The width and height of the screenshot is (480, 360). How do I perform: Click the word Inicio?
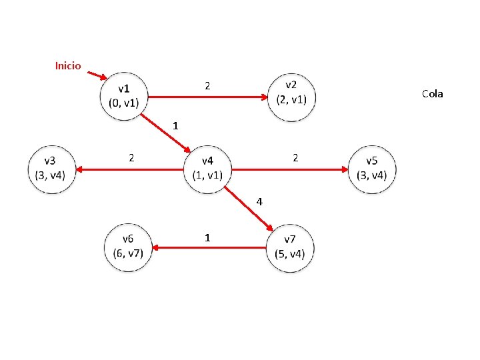click(68, 65)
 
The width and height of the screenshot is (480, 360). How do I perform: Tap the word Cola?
click(432, 94)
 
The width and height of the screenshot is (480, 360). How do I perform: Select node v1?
click(124, 95)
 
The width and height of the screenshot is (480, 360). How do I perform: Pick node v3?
click(50, 169)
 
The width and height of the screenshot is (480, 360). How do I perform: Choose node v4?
click(207, 169)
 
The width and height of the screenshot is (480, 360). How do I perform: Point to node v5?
click(371, 169)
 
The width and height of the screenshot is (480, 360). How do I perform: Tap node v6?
click(128, 247)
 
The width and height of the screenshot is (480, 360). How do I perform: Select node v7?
click(289, 247)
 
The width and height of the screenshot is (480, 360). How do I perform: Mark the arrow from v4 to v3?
click(130, 170)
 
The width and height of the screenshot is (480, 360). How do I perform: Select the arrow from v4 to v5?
click(290, 170)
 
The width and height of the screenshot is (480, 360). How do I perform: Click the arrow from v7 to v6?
click(208, 248)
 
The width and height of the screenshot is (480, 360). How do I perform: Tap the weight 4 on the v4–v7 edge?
click(260, 201)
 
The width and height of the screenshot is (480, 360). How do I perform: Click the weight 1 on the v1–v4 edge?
click(175, 125)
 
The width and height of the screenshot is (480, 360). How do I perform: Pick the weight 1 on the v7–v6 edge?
click(208, 237)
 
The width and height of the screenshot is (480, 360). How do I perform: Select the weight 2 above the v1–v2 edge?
click(207, 86)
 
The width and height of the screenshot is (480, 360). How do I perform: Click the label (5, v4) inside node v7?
click(289, 253)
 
